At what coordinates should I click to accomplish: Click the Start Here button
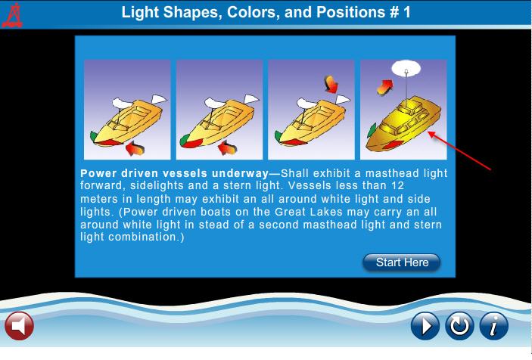401,262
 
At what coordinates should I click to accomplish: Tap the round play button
425,326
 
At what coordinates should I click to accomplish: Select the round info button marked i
494,326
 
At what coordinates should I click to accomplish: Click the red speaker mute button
20,326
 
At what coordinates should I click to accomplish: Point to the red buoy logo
13,15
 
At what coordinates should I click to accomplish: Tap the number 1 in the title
407,12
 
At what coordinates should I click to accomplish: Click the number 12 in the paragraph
397,185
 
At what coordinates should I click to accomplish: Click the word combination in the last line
146,237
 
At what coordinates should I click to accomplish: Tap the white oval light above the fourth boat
406,68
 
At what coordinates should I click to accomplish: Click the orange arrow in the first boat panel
135,148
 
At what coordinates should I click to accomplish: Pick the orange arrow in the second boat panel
227,148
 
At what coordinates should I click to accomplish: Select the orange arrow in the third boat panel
331,84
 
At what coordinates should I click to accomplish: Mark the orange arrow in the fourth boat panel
384,88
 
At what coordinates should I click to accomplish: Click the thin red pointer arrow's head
430,134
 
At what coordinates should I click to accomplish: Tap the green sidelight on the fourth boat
372,130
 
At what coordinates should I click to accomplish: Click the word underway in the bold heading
240,173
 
